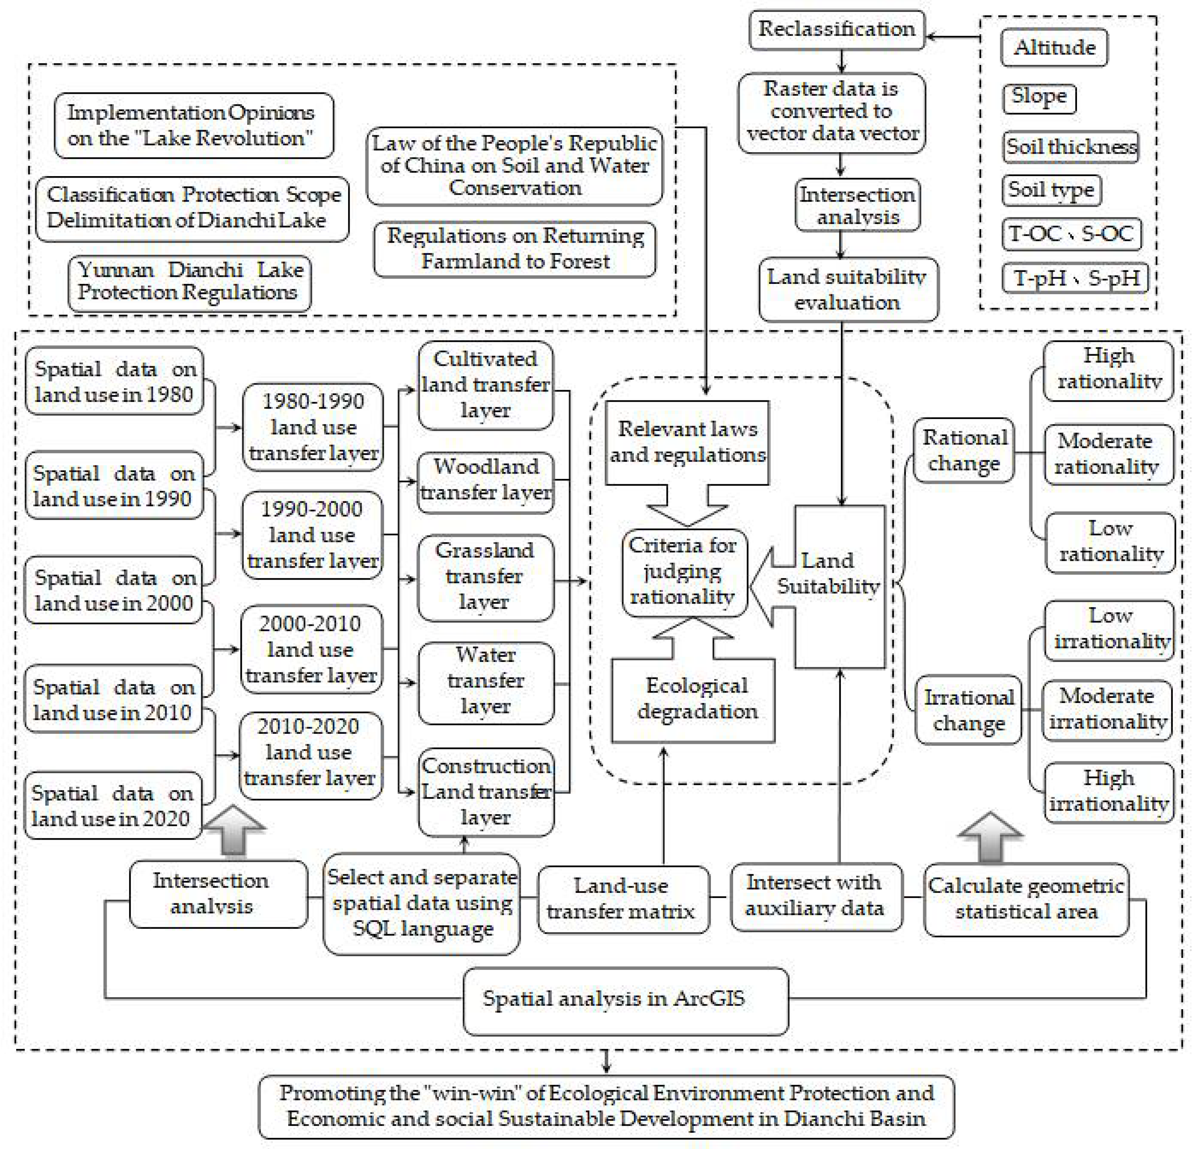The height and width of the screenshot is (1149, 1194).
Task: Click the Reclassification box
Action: (836, 29)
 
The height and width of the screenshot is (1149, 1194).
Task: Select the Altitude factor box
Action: (1054, 48)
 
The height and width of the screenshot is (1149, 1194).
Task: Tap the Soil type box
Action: (1051, 190)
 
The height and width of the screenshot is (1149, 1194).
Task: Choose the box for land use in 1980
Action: (114, 381)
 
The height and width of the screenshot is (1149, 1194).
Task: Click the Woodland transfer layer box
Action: (486, 479)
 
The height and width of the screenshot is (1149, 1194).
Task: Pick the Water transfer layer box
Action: (486, 681)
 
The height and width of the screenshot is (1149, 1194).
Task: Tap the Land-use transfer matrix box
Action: (622, 899)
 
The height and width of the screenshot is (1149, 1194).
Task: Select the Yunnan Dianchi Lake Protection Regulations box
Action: (189, 282)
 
